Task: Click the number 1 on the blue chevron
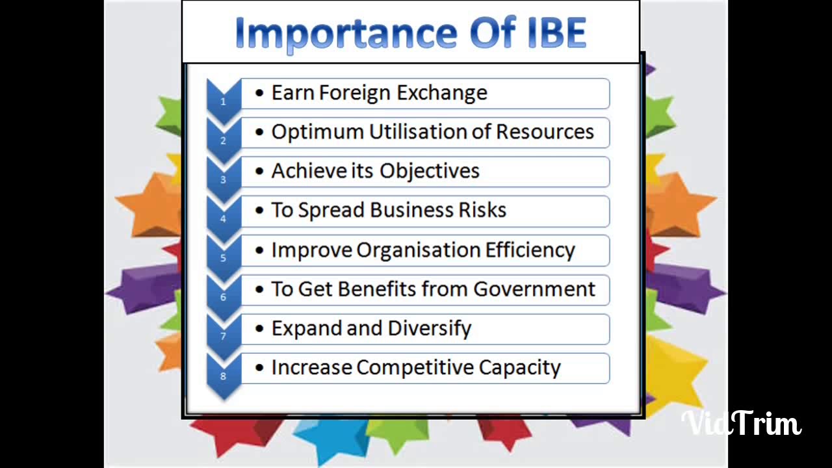point(223,101)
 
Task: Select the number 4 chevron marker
point(223,219)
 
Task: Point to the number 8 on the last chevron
point(223,376)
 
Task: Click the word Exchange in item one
point(442,93)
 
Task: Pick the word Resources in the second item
point(545,132)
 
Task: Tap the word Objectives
point(430,171)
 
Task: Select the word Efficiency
point(530,250)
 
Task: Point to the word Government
point(534,289)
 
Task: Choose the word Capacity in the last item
point(519,368)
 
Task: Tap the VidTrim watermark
point(741,424)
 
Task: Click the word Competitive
point(415,368)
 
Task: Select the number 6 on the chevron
point(223,298)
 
